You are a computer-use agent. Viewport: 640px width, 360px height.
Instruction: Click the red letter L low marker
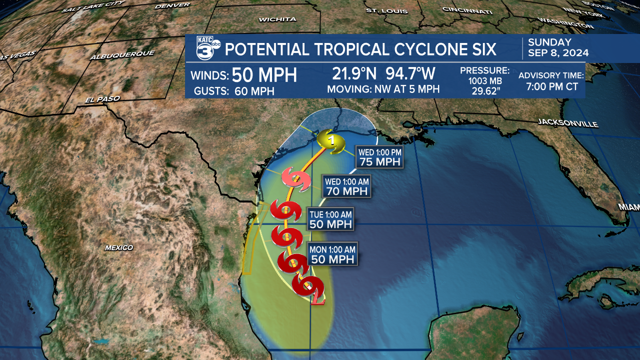[317, 299]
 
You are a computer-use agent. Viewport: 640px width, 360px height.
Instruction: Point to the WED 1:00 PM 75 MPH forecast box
[379, 156]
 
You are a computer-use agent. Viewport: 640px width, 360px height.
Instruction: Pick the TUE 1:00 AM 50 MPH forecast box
[330, 219]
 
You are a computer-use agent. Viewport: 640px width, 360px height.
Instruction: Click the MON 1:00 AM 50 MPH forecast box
[332, 254]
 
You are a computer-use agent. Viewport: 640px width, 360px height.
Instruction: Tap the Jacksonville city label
[568, 123]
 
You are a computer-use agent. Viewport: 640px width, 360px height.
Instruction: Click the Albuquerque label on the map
[122, 55]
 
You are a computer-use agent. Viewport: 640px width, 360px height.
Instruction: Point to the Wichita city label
[277, 19]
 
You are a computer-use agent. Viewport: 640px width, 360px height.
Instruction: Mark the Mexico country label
[119, 247]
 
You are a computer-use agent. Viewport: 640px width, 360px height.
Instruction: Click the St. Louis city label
[384, 10]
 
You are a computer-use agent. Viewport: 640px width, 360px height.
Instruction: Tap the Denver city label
[172, 5]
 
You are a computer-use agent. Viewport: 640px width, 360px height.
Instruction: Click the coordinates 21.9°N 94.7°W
[383, 73]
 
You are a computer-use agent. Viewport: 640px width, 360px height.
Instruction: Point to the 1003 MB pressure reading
[484, 81]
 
